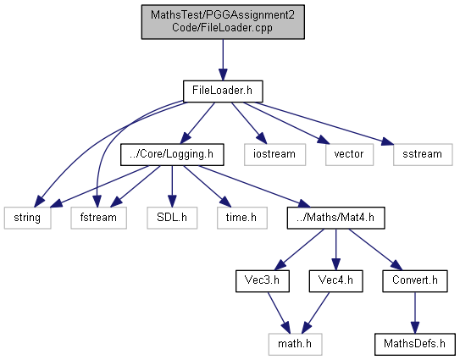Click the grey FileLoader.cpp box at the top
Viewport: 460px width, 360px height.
(x=223, y=22)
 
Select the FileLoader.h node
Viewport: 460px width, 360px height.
(x=223, y=91)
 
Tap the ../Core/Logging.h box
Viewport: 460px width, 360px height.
(x=172, y=155)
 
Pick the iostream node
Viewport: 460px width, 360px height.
(x=274, y=155)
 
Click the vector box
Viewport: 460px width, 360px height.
(x=349, y=155)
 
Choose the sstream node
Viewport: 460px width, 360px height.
(x=423, y=155)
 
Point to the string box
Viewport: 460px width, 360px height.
(x=28, y=218)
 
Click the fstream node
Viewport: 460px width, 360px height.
(x=98, y=218)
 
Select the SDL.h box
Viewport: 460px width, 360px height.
(x=172, y=218)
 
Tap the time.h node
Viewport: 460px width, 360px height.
(x=242, y=218)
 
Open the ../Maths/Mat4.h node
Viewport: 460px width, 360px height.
(x=336, y=218)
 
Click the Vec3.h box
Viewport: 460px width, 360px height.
(x=263, y=281)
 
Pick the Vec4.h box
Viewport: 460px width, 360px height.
(x=336, y=281)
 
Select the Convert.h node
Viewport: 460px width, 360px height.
(x=415, y=281)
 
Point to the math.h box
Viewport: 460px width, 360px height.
(x=295, y=344)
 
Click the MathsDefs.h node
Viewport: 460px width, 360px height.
(x=415, y=344)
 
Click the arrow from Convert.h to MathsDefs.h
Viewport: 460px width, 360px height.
(x=415, y=313)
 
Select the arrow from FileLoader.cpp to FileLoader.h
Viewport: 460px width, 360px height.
(x=223, y=60)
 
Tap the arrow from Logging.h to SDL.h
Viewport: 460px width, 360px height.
(x=172, y=186)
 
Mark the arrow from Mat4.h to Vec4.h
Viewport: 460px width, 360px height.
(x=336, y=250)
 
